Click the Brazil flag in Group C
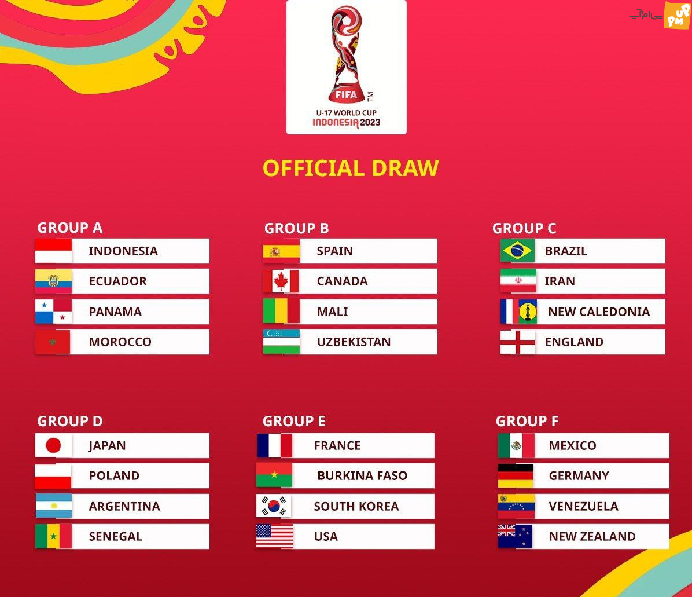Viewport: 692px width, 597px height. pos(517,250)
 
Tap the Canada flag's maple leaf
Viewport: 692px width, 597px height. pos(281,281)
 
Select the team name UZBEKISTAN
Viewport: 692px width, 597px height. pos(354,342)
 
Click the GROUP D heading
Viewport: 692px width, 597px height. pos(70,421)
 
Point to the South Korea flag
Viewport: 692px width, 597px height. pos(274,506)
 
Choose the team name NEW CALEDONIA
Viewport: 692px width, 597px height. pos(599,312)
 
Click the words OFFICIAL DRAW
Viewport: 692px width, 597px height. pos(351,169)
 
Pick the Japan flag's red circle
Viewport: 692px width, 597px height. pos(53,445)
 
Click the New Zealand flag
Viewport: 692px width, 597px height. pos(515,536)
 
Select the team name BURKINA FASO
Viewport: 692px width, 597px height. pos(362,475)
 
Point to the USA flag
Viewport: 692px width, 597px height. pos(274,536)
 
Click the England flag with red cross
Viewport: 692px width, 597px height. pos(518,342)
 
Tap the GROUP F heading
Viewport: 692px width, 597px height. pos(527,421)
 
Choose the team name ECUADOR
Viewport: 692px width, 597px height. pos(118,281)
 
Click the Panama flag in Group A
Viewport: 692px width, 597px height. pos(53,312)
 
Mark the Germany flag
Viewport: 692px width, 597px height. pos(516,475)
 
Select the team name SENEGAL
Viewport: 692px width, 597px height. pos(116,537)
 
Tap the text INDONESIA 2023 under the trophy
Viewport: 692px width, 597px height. pos(347,123)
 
